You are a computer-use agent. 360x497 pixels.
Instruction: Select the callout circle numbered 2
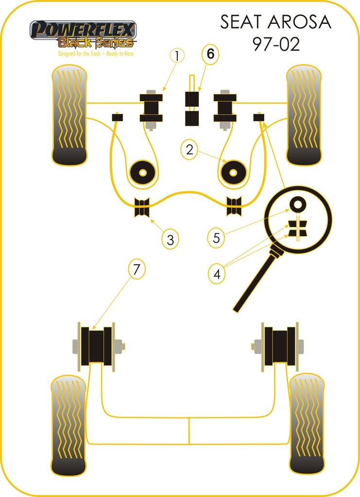click(x=189, y=149)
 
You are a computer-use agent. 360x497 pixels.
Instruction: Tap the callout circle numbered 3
click(x=171, y=239)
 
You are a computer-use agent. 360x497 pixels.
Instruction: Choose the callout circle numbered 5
click(x=217, y=237)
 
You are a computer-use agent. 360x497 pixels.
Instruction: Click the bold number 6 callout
click(x=210, y=54)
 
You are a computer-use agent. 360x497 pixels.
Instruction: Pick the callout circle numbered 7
click(x=137, y=268)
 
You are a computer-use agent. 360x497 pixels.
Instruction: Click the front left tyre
click(x=69, y=116)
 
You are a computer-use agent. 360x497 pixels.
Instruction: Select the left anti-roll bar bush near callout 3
click(x=142, y=208)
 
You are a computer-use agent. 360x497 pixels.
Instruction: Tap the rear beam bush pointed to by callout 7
click(x=97, y=345)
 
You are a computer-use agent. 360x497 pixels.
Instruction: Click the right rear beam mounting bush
click(x=280, y=345)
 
